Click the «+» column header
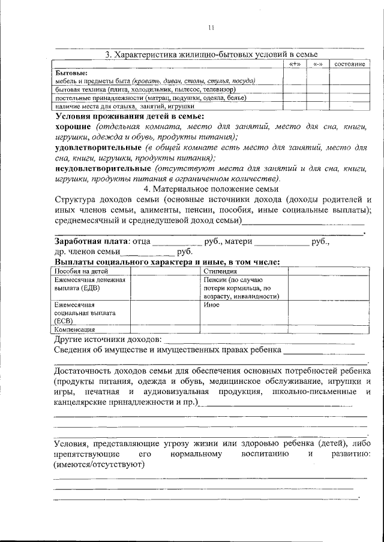pos(295,64)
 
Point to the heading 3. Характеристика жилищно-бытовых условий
pos(211,54)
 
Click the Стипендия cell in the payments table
pos(219,271)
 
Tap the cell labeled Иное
pos(211,305)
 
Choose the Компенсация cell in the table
pos(74,329)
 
